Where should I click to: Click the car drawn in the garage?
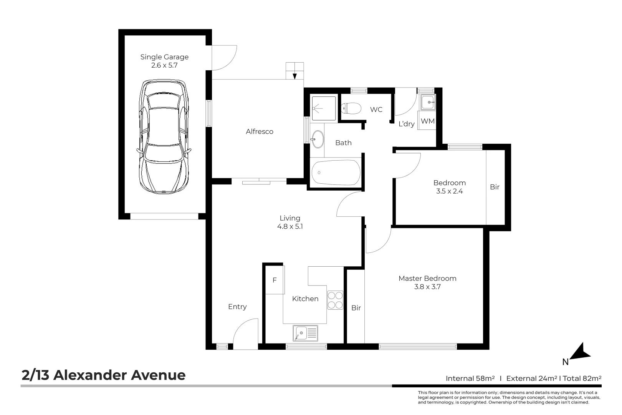[x=164, y=136]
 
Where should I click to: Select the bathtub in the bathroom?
[x=336, y=173]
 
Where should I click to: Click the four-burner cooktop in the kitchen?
[x=335, y=300]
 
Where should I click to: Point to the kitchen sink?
[x=305, y=333]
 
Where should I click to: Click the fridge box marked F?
[x=275, y=280]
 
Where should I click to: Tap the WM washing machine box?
[x=427, y=121]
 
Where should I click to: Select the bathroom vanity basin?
[x=317, y=139]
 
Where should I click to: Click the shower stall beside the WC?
[x=324, y=108]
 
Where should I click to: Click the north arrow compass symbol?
[x=581, y=352]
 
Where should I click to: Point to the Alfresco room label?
[x=260, y=131]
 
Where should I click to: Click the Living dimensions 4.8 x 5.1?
[x=290, y=227]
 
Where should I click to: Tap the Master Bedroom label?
[x=427, y=278]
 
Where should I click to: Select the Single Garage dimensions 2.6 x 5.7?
[x=164, y=65]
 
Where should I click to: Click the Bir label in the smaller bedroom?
[x=495, y=187]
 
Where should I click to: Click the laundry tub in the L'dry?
[x=427, y=102]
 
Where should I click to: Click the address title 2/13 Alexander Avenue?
[x=104, y=375]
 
